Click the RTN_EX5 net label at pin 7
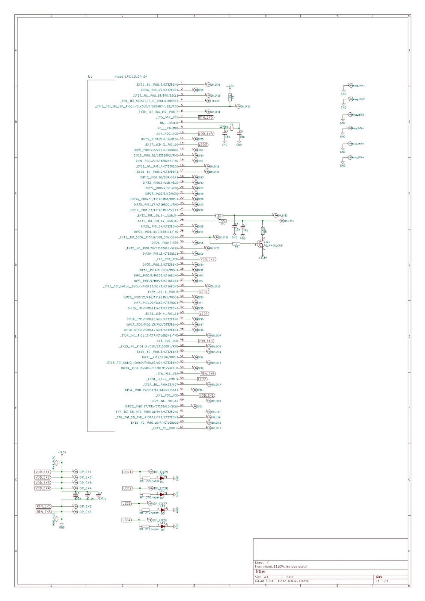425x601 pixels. click(206, 117)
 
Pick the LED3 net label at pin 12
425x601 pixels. click(203, 145)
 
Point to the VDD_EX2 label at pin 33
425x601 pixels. click(208, 259)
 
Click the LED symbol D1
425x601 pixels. click(162, 478)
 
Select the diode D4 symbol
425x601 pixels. click(163, 526)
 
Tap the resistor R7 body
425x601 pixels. click(146, 494)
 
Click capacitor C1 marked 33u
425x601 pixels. click(76, 495)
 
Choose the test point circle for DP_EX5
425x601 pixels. click(76, 506)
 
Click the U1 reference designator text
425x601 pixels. click(90, 77)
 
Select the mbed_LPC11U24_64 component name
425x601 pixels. click(131, 77)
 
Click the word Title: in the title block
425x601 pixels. click(260, 572)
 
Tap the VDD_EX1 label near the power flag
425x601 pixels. click(42, 472)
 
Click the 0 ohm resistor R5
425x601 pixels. click(237, 244)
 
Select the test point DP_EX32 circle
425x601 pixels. click(276, 216)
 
